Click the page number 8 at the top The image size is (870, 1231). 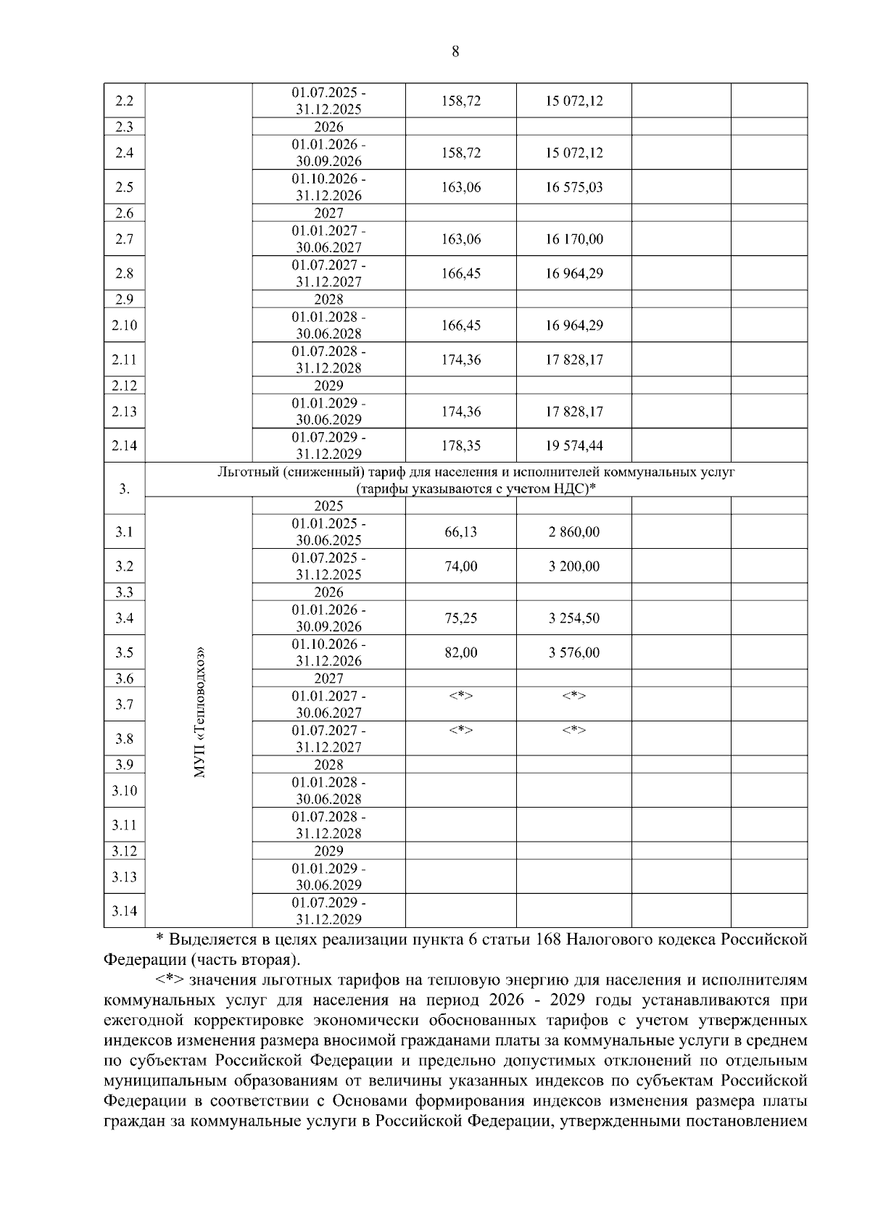pos(455,51)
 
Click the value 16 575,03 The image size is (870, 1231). pos(573,187)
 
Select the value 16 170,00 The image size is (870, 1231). pos(573,239)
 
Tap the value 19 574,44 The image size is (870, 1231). pos(573,446)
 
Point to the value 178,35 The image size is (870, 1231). pos(460,446)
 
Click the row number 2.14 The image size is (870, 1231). pos(125,446)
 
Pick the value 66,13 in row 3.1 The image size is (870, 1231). pos(460,532)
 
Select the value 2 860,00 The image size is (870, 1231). pos(573,532)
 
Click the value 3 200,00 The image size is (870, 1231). pos(573,566)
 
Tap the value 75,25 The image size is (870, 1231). pos(460,618)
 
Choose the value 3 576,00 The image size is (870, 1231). pos(573,652)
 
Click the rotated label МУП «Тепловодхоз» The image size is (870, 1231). pos(199,712)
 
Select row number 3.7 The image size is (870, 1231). pos(125,704)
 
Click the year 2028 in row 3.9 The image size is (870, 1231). pos(328,765)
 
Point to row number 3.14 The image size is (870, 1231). pos(125,911)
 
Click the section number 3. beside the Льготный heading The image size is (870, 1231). pos(125,489)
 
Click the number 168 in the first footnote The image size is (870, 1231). pos(547,940)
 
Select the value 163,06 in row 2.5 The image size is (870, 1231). pos(460,187)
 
